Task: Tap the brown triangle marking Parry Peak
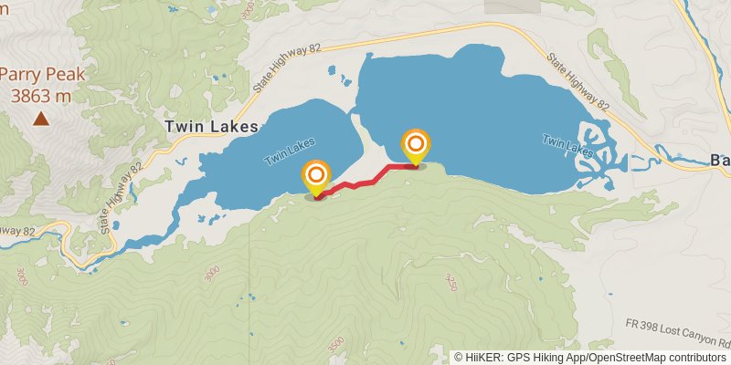41,118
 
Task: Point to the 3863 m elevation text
41,95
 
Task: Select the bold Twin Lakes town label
212,127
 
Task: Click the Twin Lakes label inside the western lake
290,151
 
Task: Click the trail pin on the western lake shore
316,176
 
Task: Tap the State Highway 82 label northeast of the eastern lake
577,82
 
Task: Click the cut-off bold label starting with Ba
720,161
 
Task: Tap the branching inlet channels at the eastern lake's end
599,151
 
